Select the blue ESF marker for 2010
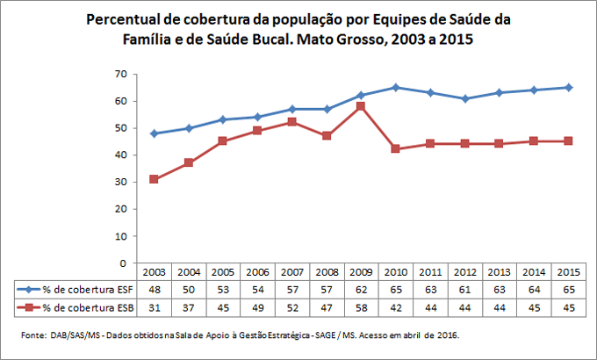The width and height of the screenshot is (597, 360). (396, 87)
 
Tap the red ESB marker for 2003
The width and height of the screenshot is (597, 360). (154, 179)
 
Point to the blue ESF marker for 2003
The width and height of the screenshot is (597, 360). (154, 133)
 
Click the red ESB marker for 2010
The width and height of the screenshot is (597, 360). (396, 149)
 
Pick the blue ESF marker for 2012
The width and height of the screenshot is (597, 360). (465, 98)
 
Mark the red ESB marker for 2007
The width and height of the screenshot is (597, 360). (292, 122)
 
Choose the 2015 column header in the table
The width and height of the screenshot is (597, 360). (569, 272)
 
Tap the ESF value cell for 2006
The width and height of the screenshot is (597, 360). (257, 289)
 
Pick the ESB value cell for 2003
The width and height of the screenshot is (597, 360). (154, 306)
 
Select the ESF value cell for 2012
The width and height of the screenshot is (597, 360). (465, 289)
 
